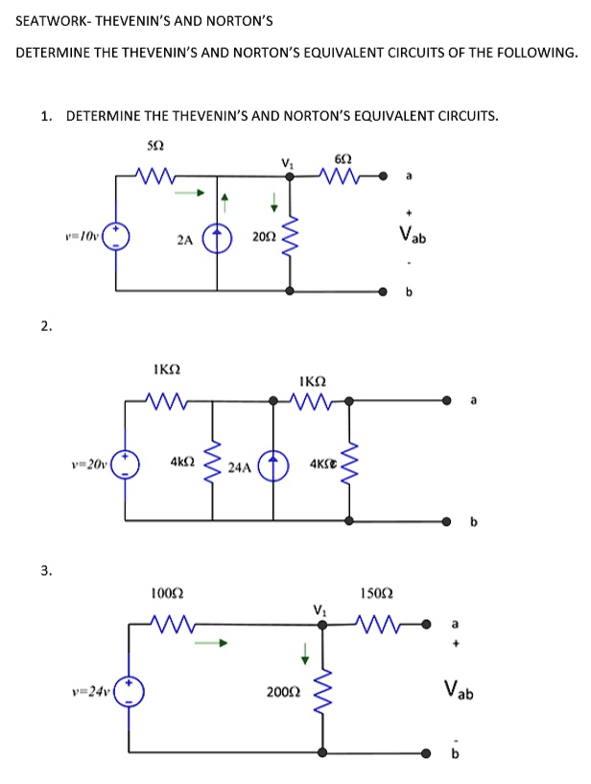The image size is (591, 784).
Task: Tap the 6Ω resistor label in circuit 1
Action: pyautogui.click(x=343, y=156)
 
